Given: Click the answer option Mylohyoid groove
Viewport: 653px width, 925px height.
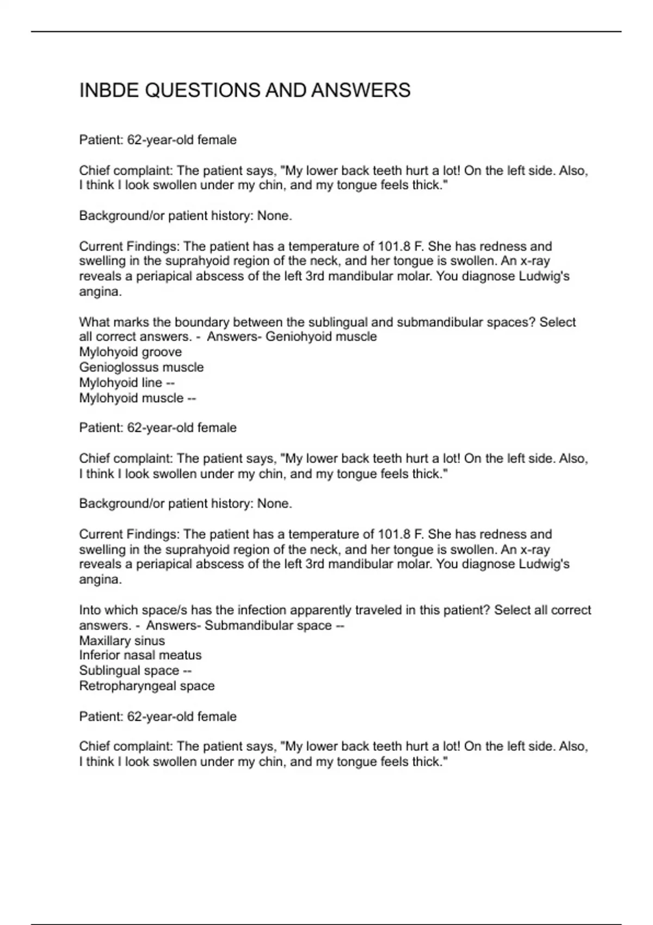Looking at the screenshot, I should (130, 352).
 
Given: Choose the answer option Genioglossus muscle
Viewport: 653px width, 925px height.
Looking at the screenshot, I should (141, 367).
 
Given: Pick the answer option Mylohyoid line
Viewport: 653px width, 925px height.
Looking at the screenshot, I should (121, 383).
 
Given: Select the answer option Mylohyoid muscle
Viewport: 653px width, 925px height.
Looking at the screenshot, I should (131, 398).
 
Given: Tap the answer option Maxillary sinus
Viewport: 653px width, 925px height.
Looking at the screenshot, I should (122, 640).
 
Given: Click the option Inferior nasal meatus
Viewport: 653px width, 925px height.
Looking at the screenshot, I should (140, 655).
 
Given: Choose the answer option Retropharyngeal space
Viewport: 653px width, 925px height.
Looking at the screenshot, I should (147, 686).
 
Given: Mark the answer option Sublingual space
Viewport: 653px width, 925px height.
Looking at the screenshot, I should (129, 670).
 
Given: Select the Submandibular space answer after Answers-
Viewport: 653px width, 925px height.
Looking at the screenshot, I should (268, 625).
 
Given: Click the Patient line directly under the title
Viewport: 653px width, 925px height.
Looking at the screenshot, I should (158, 140).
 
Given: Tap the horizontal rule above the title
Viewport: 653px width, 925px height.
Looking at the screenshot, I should (326, 32).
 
